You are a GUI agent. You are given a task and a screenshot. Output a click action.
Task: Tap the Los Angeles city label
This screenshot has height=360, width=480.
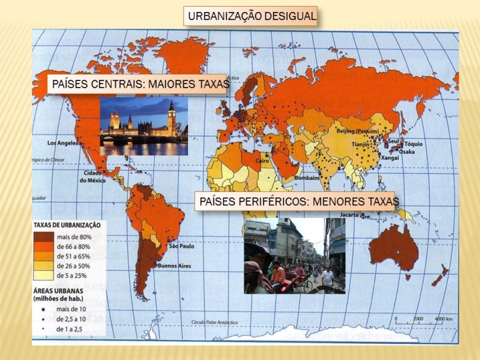pos(62,143)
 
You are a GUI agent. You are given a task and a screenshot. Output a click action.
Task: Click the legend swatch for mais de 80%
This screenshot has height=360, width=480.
pos(45,236)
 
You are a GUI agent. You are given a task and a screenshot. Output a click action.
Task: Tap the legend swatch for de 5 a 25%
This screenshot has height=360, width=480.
pos(45,276)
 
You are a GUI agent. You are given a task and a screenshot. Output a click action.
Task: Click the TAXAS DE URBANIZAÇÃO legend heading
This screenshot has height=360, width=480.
pos(66,225)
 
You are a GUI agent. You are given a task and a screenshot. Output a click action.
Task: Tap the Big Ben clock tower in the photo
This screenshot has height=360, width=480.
pos(171,118)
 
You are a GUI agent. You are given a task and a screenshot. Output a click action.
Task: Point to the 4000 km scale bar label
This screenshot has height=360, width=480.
pos(444,319)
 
